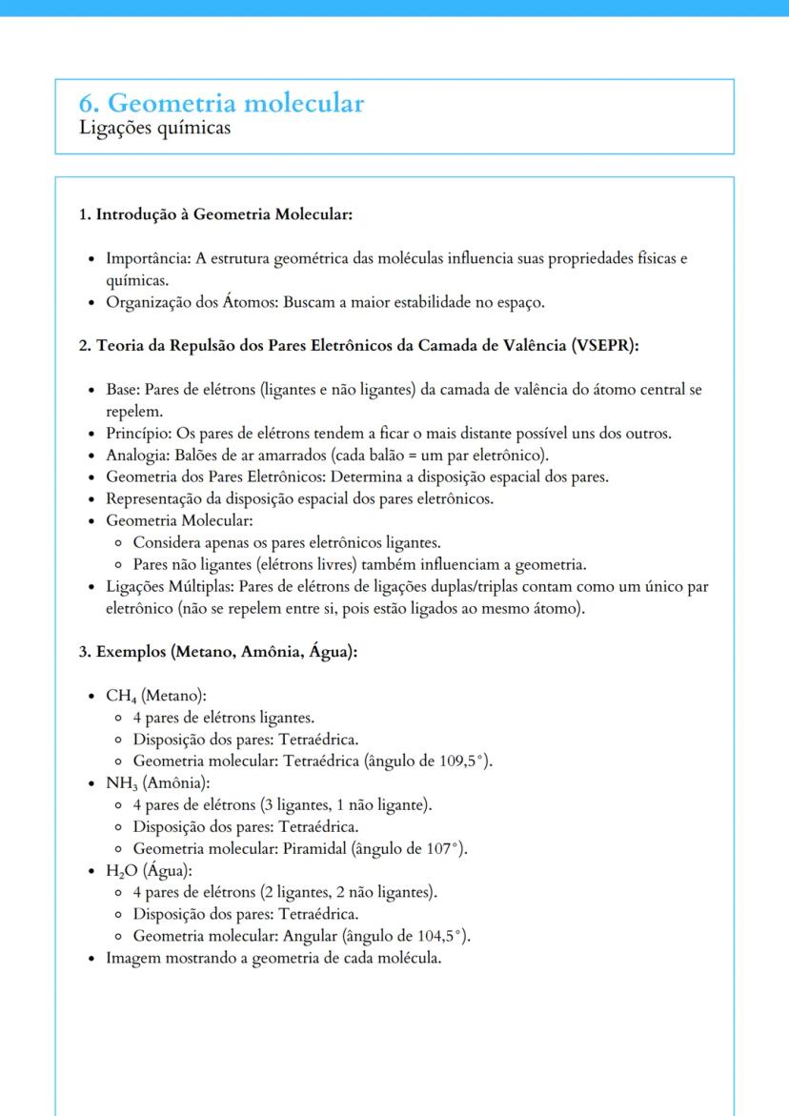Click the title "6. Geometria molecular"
coord(221,103)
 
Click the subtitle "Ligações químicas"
coord(154,128)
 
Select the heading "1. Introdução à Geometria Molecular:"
coord(215,214)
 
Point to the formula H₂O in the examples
coord(121,871)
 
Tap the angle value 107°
coord(447,848)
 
